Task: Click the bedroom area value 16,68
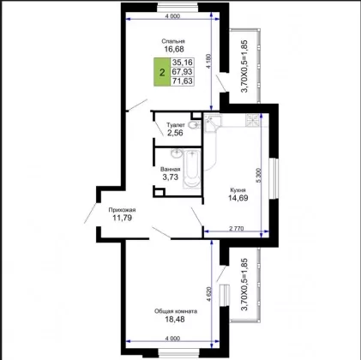click(x=174, y=49)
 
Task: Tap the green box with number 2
click(x=162, y=72)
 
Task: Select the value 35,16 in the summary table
click(x=183, y=63)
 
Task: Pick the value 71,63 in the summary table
click(x=183, y=81)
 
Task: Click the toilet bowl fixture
click(x=196, y=124)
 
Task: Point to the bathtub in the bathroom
click(x=191, y=169)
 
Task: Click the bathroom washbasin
click(x=177, y=153)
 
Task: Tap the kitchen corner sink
click(x=212, y=123)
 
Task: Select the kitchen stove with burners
click(x=253, y=120)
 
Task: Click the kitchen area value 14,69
click(x=238, y=197)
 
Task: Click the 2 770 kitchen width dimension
click(x=237, y=228)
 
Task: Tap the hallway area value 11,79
click(x=122, y=218)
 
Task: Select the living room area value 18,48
click(x=175, y=319)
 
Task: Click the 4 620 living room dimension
click(x=209, y=294)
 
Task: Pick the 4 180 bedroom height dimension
click(x=209, y=61)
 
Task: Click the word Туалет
click(x=176, y=125)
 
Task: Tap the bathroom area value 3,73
click(x=171, y=177)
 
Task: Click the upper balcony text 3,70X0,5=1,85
click(x=244, y=66)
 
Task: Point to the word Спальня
click(x=173, y=41)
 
